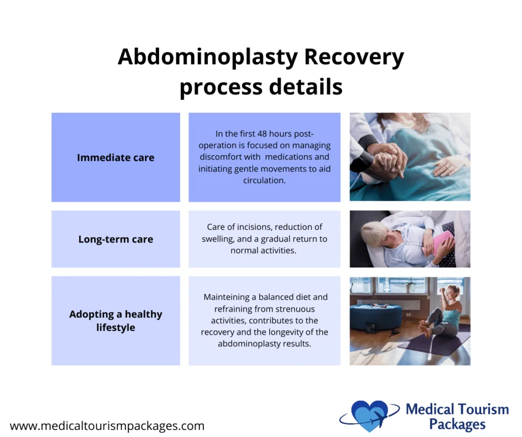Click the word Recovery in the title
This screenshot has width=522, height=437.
coord(354,58)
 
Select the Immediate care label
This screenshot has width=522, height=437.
coord(116,157)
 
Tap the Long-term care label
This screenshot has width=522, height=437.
coord(116,239)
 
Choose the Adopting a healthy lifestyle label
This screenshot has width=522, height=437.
coord(116,320)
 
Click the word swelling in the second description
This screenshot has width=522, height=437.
coord(221,239)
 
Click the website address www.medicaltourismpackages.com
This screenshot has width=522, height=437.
coord(107,426)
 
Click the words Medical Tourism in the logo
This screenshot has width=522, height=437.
coord(457,409)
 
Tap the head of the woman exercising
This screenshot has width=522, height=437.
coord(453,292)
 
